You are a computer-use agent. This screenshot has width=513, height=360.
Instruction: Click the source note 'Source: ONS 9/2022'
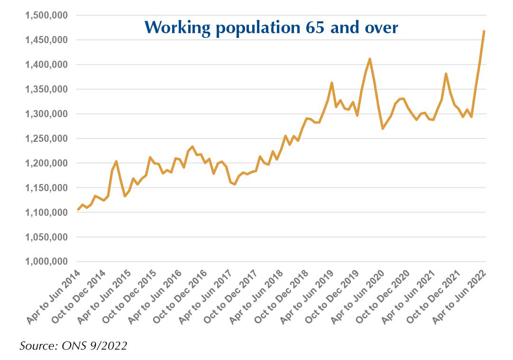[73, 346]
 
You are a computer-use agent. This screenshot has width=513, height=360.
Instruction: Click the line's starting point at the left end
[78, 209]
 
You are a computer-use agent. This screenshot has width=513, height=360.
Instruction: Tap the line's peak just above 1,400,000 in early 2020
[370, 59]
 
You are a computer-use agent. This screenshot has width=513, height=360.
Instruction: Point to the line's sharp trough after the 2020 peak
[382, 129]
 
